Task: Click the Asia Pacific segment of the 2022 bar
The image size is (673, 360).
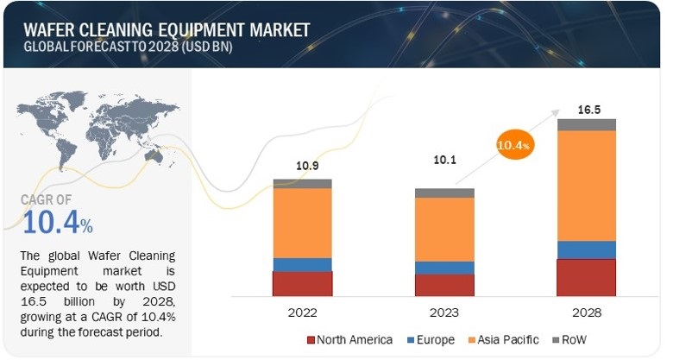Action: pos(302,223)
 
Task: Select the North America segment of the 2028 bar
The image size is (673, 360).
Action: pos(586,277)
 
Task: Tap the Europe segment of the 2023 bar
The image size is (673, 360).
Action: pos(443,268)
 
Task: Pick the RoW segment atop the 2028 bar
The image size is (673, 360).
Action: pos(586,124)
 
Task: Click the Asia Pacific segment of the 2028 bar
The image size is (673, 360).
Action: pos(586,186)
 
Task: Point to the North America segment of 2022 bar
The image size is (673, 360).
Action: pos(302,283)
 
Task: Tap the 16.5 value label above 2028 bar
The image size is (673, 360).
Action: pos(586,111)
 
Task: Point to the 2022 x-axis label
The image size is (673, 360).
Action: pos(302,312)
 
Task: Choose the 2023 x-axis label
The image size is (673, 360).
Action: pos(443,312)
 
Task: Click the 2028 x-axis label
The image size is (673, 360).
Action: pos(586,312)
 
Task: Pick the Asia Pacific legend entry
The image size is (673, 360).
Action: pos(504,339)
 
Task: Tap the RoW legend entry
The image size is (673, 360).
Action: pos(572,339)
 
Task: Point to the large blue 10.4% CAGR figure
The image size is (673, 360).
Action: pos(58,224)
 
